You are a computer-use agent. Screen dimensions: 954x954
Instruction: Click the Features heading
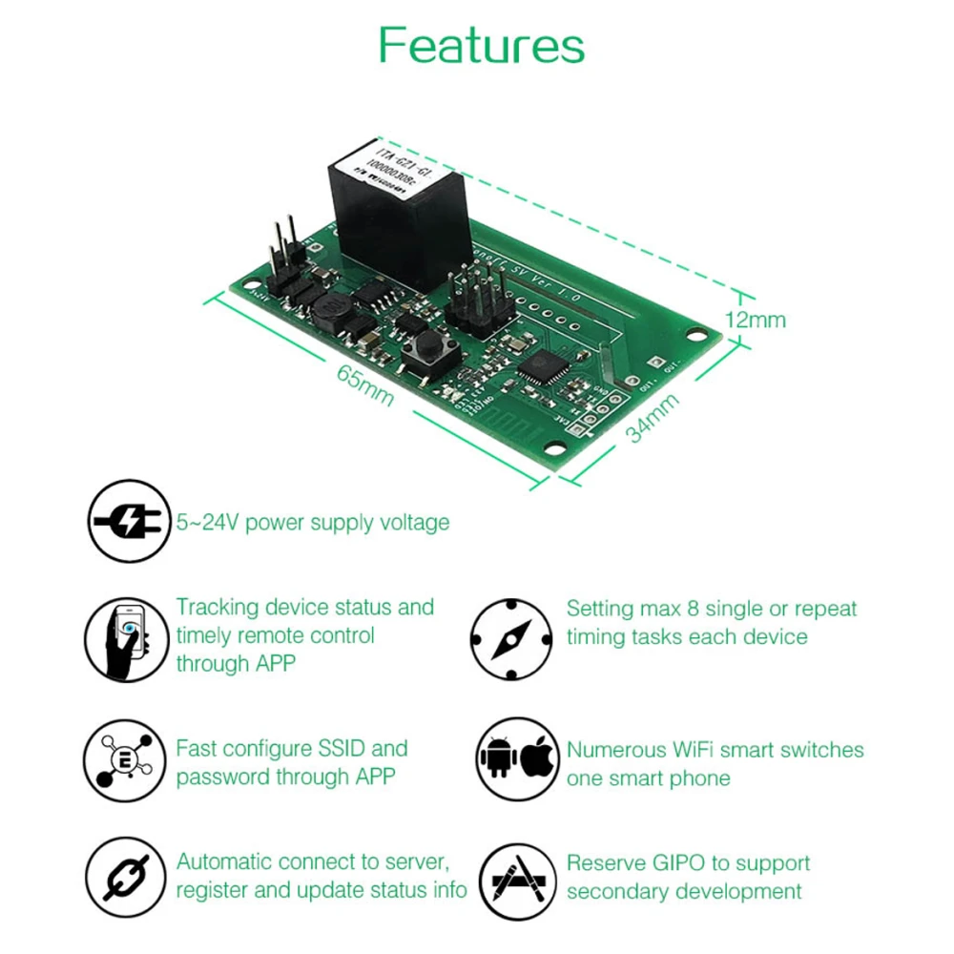(x=481, y=45)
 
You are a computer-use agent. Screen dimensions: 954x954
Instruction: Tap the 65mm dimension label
(x=364, y=384)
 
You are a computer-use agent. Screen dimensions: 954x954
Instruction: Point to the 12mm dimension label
(x=756, y=319)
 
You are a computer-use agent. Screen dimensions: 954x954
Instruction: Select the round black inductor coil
(x=330, y=307)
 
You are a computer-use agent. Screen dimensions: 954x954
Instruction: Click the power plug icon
(x=131, y=521)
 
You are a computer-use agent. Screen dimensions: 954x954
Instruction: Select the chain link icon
(x=128, y=876)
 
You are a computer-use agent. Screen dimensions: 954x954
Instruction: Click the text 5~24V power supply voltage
(x=312, y=523)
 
